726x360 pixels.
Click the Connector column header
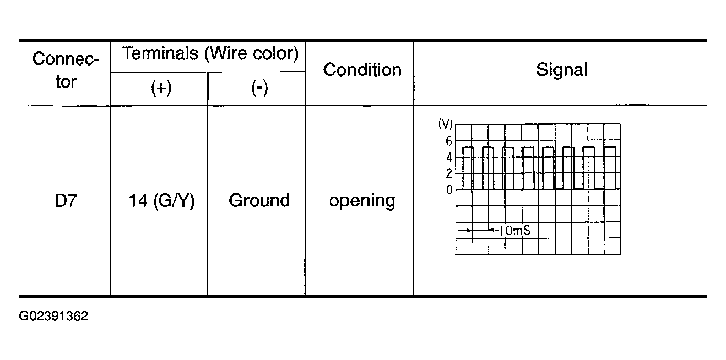[66, 70]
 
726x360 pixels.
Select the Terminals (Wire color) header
[210, 53]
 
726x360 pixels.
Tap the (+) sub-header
[161, 88]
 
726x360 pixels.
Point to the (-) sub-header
[259, 88]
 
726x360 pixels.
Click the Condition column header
[362, 70]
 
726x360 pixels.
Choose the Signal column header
[562, 70]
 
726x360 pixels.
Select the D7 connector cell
[66, 201]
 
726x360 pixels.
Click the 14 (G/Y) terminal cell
[162, 201]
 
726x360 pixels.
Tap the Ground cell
[259, 200]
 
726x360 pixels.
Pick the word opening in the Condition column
[362, 202]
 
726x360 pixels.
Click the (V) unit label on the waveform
[446, 124]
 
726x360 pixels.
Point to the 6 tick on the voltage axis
[449, 141]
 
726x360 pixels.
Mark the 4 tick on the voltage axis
[449, 158]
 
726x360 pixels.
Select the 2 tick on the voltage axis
[449, 173]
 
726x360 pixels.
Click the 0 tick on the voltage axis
[449, 190]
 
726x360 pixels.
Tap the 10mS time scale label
[515, 231]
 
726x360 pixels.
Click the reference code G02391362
[53, 316]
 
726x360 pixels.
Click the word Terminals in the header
[160, 53]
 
